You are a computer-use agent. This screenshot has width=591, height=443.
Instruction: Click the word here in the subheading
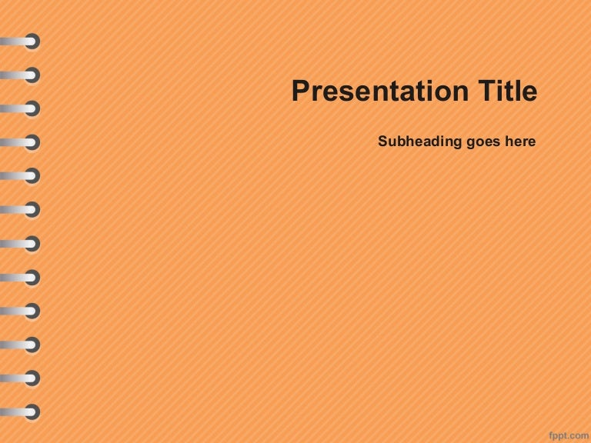point(520,142)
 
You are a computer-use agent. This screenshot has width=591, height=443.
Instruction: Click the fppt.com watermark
point(568,435)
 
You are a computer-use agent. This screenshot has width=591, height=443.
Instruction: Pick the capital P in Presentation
point(300,92)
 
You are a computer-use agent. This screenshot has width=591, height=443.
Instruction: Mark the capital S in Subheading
point(383,142)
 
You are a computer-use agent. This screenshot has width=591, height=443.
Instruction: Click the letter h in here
point(509,142)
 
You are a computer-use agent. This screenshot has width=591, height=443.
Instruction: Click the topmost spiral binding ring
point(32,42)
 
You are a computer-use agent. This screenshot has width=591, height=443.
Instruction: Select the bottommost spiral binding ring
point(32,411)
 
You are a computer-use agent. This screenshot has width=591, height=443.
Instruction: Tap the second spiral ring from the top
point(32,75)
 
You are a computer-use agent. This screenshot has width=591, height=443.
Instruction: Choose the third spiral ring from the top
point(32,109)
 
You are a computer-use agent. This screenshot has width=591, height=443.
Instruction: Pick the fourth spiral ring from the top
point(32,143)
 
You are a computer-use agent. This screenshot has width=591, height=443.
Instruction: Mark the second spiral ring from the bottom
point(32,378)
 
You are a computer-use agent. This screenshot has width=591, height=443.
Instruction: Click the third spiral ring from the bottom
point(32,345)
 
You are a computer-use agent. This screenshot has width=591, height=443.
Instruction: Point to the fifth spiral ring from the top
point(32,176)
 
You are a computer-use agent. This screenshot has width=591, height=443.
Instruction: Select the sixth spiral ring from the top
point(32,210)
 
